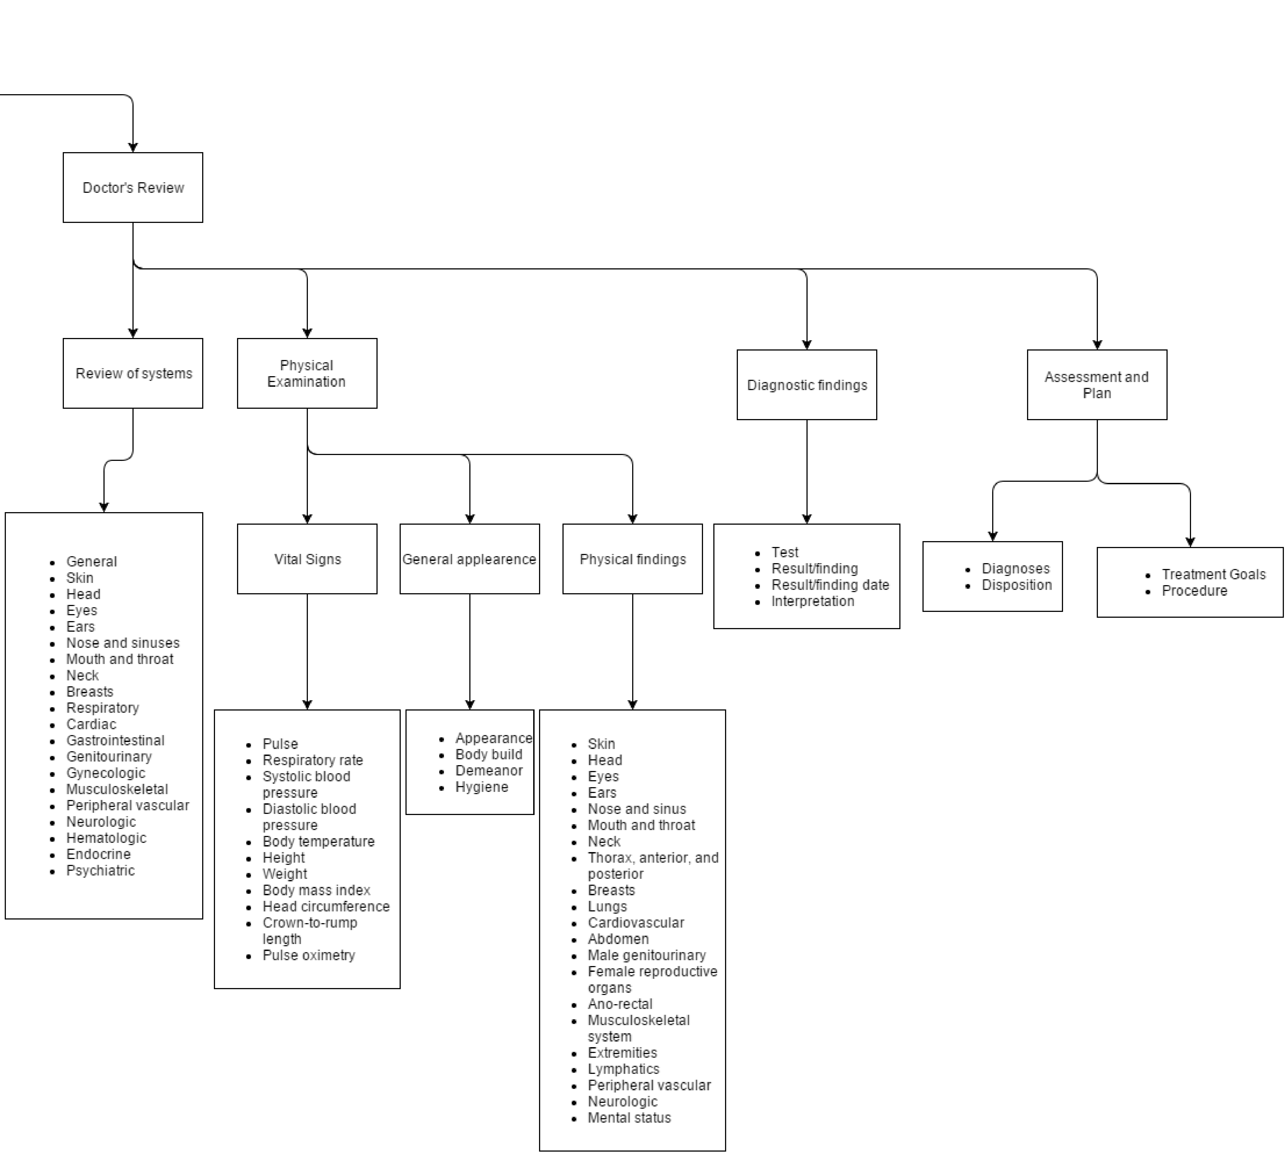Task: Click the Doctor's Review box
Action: (133, 188)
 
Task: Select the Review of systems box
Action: (133, 373)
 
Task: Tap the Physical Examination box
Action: (307, 373)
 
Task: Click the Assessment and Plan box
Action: (1097, 385)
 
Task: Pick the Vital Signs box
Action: (307, 559)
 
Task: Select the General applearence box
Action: (469, 559)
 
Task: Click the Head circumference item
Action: (326, 906)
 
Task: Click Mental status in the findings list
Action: (629, 1118)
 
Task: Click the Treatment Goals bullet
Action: (1213, 574)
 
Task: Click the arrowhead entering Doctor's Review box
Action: (133, 148)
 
